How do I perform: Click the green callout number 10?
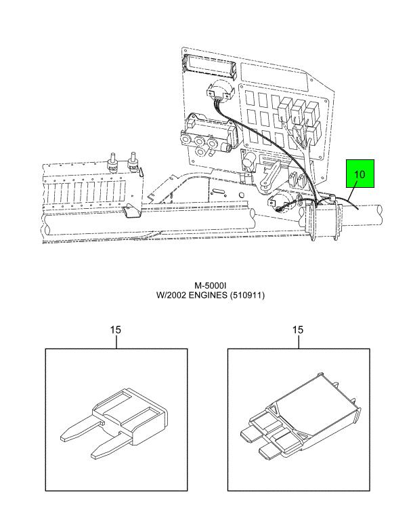point(360,174)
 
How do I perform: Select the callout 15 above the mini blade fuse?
point(115,330)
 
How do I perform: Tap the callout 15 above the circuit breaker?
point(298,330)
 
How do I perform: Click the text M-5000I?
point(211,285)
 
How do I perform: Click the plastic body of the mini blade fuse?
point(131,415)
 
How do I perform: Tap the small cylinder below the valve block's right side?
point(201,151)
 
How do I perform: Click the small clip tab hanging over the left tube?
point(131,211)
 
